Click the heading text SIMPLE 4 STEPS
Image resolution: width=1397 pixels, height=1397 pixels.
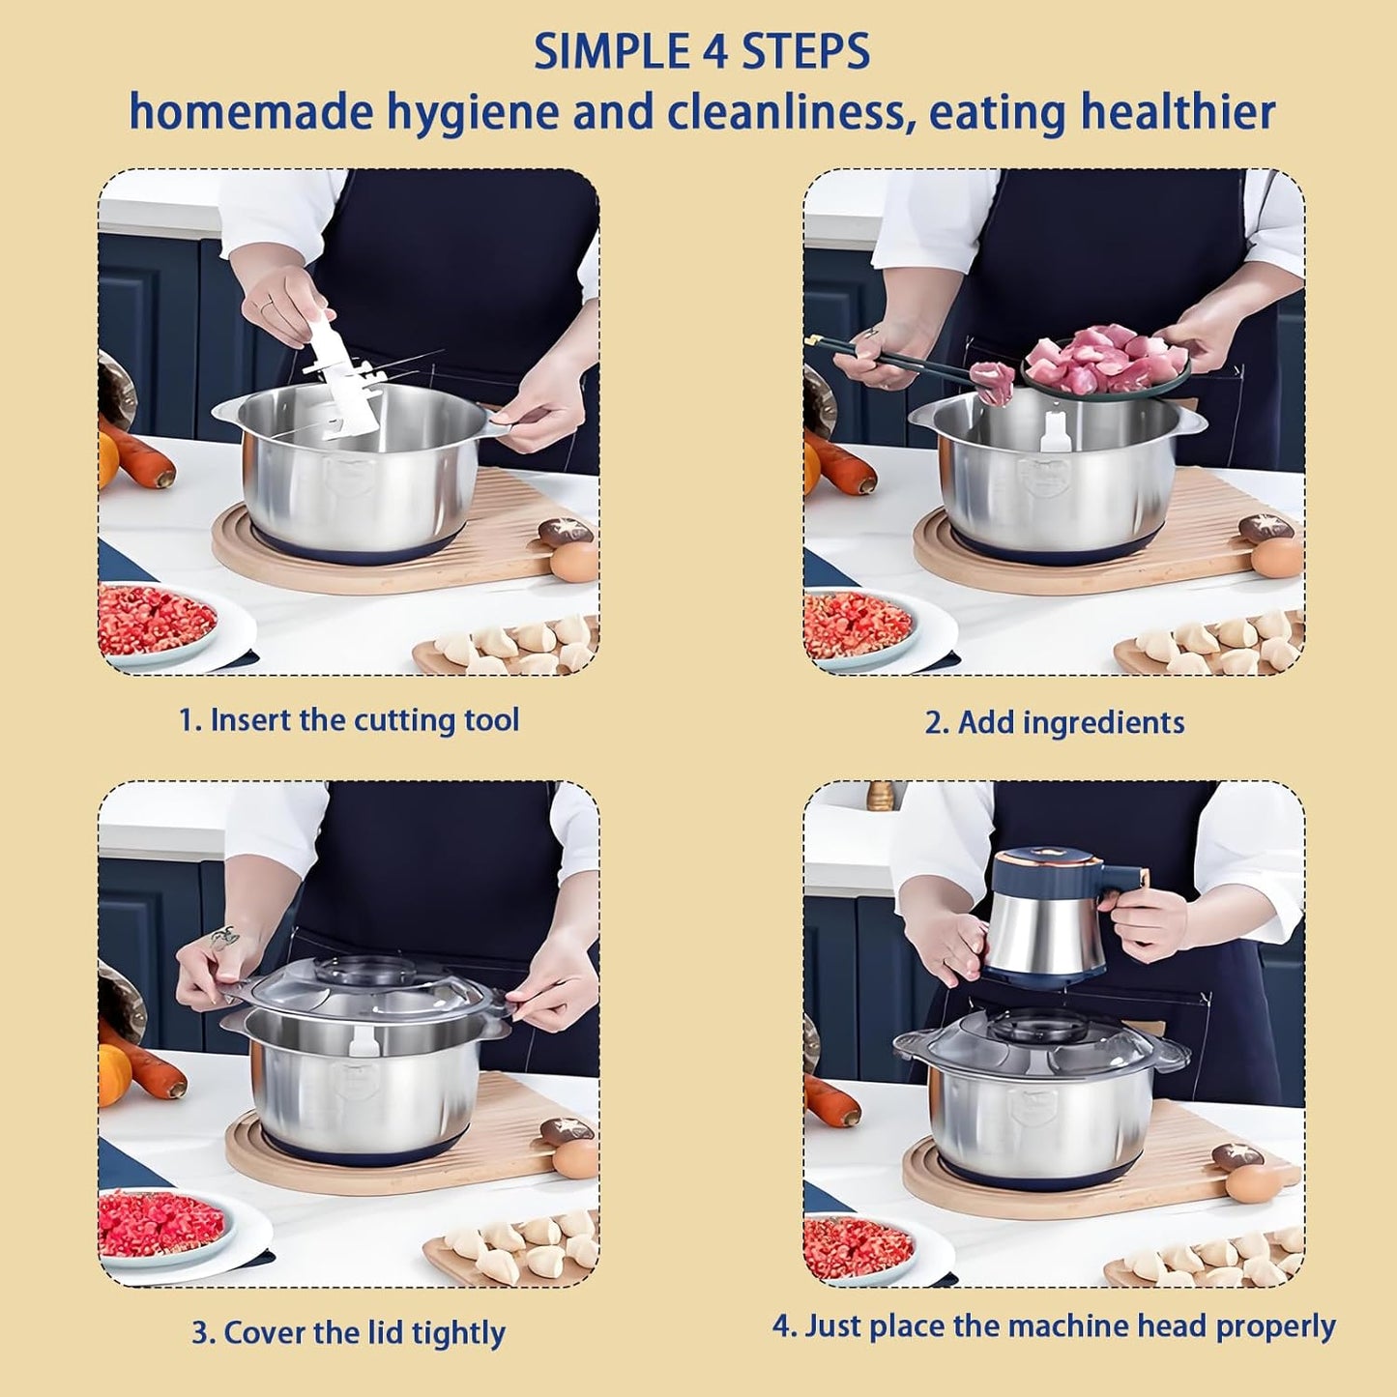(702, 53)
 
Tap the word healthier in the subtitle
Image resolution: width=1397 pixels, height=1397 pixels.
(1178, 113)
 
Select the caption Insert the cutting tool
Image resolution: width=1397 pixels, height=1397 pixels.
(349, 720)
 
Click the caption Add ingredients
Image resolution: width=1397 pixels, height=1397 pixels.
(1054, 722)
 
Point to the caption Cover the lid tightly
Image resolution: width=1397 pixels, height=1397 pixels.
(348, 1333)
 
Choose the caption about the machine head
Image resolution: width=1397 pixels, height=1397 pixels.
(1054, 1326)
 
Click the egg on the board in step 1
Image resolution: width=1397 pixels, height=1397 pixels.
(573, 561)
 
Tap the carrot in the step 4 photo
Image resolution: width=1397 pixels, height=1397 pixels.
(830, 1100)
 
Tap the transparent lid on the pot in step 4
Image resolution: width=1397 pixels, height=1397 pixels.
(1039, 1045)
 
